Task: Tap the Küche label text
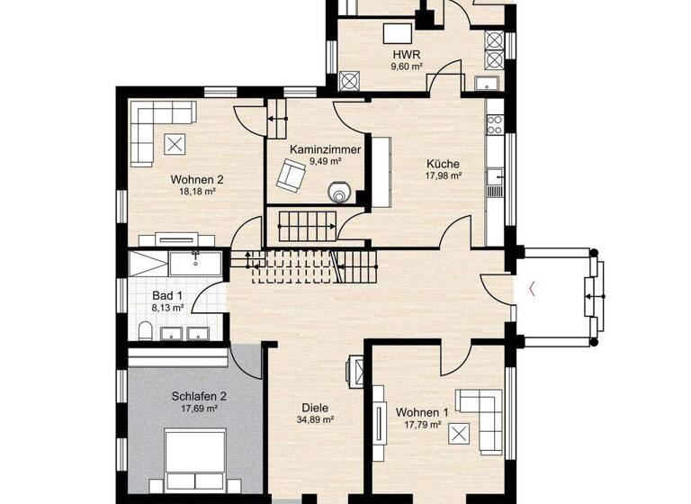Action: (443, 164)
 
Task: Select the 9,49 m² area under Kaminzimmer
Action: (325, 161)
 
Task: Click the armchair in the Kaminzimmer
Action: (291, 174)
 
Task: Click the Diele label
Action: (316, 406)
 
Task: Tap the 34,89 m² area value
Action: (316, 418)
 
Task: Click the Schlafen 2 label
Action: (198, 395)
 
